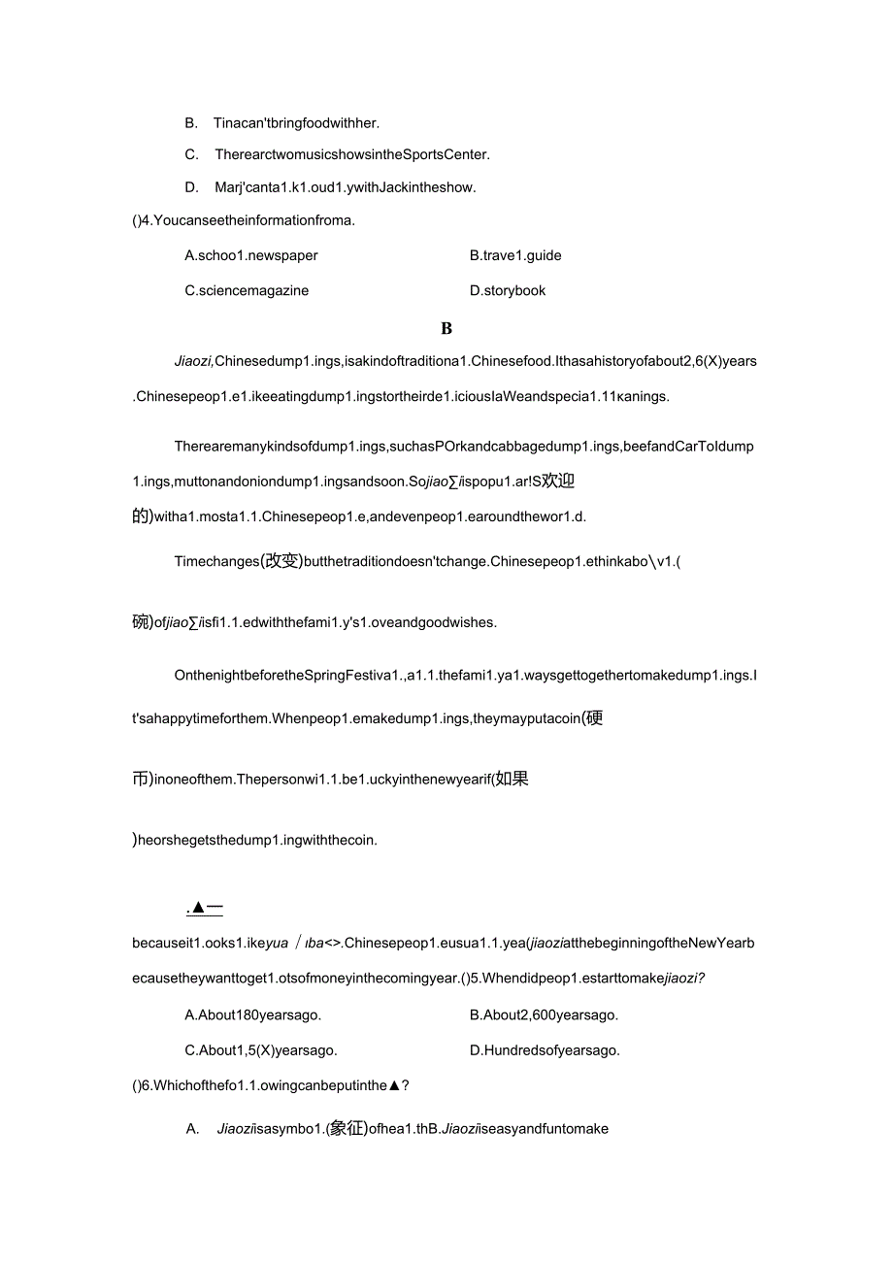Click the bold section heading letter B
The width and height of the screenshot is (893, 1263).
tap(446, 329)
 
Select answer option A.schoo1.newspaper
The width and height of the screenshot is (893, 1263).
tap(251, 255)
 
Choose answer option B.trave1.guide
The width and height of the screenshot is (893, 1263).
tap(515, 255)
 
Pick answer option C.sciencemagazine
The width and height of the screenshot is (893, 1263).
tap(247, 290)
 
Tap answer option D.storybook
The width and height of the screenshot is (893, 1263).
tap(508, 290)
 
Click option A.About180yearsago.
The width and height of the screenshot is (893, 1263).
tap(252, 1015)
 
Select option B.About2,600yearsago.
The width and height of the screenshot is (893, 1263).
tap(544, 1015)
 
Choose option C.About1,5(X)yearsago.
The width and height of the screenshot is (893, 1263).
tap(261, 1050)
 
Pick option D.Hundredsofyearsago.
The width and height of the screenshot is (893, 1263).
tap(545, 1050)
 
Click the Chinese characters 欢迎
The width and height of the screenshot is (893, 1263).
tap(558, 481)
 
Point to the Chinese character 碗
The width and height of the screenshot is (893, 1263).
tap(141, 622)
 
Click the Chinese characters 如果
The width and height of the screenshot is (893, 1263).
tap(511, 779)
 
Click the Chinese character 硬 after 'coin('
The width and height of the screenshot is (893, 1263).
tap(594, 718)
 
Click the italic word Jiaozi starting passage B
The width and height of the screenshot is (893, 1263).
tap(193, 362)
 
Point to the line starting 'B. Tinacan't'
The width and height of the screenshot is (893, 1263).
tap(281, 123)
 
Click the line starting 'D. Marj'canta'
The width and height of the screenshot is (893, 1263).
tap(330, 187)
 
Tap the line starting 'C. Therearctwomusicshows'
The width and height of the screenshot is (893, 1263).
tap(337, 154)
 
